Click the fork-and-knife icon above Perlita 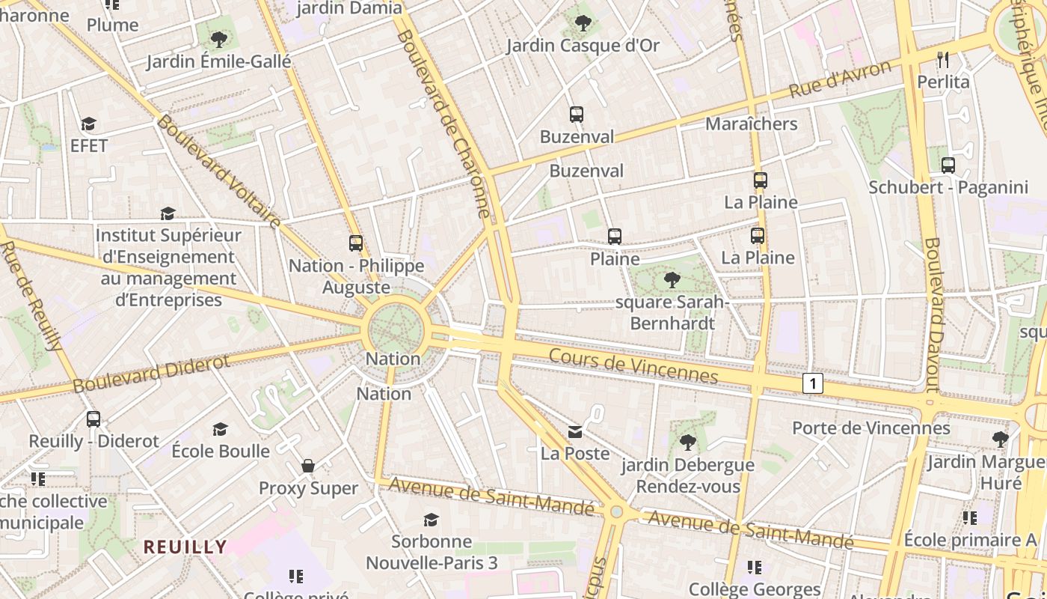(x=943, y=59)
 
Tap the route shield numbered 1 (x=813, y=384)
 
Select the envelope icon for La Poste (x=575, y=431)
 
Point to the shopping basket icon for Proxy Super (x=308, y=466)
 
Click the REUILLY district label (x=185, y=547)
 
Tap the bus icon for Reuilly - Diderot (x=93, y=419)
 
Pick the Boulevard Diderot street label (x=152, y=373)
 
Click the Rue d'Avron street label (x=841, y=80)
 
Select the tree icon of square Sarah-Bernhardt (x=672, y=280)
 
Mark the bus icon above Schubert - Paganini (x=948, y=165)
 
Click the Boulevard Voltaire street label (x=218, y=172)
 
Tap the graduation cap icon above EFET (x=89, y=124)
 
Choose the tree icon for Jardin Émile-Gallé (x=218, y=39)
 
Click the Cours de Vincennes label (x=633, y=365)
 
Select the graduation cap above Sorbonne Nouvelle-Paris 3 (x=431, y=520)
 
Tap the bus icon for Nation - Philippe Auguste (x=356, y=243)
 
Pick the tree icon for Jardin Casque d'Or (x=583, y=23)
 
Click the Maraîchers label (x=752, y=124)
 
